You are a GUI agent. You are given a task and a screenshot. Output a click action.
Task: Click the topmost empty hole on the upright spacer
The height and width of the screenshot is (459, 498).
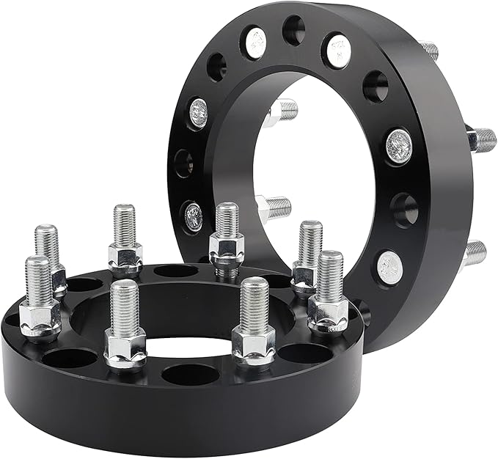[x=293, y=29]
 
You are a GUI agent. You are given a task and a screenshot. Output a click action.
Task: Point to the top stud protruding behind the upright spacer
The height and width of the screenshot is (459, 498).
[x=430, y=51]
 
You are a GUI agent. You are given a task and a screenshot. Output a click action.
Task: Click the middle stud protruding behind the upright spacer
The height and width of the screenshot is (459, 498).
[x=481, y=139]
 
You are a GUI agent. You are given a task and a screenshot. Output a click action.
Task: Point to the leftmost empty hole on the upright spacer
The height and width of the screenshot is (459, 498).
[x=183, y=163]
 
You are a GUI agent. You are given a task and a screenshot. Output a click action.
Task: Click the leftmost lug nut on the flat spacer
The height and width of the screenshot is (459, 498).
[x=40, y=320]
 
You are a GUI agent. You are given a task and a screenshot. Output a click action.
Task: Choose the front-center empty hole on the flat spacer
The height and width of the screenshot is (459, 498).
[x=190, y=375]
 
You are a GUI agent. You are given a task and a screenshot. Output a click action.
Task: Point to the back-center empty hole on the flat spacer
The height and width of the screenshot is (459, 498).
[x=176, y=271]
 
